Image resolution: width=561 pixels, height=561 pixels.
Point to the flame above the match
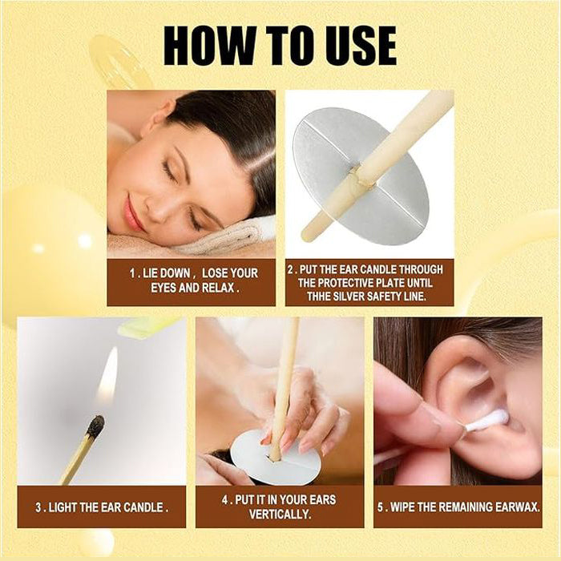pos(107,377)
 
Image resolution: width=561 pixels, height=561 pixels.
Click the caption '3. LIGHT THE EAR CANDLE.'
pos(101,507)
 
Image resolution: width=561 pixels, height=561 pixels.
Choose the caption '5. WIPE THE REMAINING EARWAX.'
pos(458,507)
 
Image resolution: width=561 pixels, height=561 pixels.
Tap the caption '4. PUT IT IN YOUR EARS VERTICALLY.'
pos(280,507)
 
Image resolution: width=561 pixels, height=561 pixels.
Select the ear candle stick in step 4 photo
pos(284,377)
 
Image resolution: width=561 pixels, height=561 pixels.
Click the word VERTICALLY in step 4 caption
pos(280,514)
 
